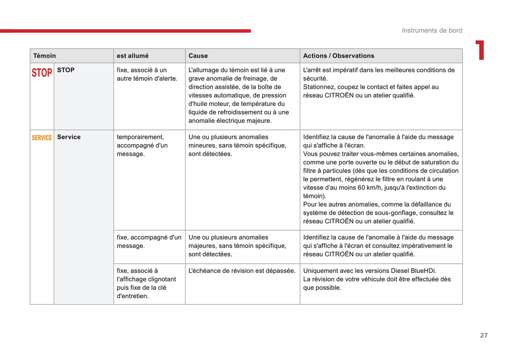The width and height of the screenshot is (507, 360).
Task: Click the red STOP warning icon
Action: click(42, 73)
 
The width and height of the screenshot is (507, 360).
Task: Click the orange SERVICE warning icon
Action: click(42, 138)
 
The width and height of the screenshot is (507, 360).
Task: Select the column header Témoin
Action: click(45, 56)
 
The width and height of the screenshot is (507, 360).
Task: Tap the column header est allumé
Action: click(133, 56)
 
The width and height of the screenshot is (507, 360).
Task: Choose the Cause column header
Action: click(198, 56)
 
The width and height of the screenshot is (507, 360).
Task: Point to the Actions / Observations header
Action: click(339, 56)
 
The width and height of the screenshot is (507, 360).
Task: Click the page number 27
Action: click(484, 335)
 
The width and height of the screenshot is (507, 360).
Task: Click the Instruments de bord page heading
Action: click(432, 31)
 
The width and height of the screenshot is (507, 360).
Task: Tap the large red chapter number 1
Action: click(480, 50)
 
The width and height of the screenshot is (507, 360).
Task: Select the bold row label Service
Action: click(69, 137)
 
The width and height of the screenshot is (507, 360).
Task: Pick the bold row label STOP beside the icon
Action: click(66, 70)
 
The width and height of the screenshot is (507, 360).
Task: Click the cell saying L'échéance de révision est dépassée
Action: click(242, 271)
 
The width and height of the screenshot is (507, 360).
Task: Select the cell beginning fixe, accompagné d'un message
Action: click(149, 241)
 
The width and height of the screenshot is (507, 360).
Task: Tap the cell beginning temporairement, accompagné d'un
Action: click(142, 145)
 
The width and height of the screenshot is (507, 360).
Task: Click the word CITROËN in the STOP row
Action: click(339, 95)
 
